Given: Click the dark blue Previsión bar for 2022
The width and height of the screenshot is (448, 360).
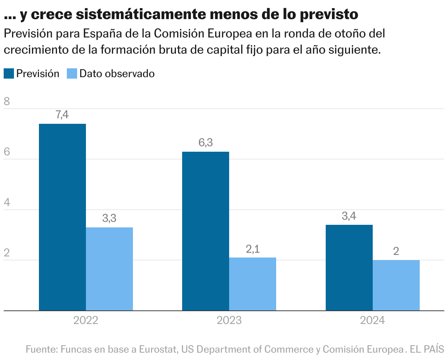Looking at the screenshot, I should (x=62, y=217).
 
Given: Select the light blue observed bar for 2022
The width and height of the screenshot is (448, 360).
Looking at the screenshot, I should (x=109, y=269).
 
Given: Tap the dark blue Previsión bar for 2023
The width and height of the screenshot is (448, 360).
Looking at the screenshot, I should (x=206, y=231).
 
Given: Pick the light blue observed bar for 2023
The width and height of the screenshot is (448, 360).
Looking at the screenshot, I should (x=253, y=284).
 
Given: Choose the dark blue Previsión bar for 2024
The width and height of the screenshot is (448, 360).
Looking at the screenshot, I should (x=349, y=267).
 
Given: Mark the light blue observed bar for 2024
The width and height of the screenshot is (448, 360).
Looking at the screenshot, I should (x=396, y=285).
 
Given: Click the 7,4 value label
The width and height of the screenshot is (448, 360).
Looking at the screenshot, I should (x=62, y=115).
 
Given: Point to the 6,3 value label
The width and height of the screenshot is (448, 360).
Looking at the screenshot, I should (x=206, y=143).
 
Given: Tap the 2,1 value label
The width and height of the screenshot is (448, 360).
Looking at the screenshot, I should (x=253, y=249).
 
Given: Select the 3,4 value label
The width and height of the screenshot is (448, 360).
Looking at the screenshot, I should (x=349, y=216).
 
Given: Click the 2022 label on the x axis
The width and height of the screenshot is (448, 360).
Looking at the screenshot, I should (x=86, y=321).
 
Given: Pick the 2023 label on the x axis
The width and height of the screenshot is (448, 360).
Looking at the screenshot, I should (x=229, y=321).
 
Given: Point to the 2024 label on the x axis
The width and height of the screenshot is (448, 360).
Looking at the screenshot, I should (x=372, y=321).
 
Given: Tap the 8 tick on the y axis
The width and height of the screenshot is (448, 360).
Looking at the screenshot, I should (x=7, y=102).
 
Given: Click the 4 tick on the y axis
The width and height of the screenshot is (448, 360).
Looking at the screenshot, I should (x=7, y=203).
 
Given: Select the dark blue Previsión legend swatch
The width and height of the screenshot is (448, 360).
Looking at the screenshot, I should (x=9, y=73).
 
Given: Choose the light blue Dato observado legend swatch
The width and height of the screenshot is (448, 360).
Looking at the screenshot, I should (x=72, y=73).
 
